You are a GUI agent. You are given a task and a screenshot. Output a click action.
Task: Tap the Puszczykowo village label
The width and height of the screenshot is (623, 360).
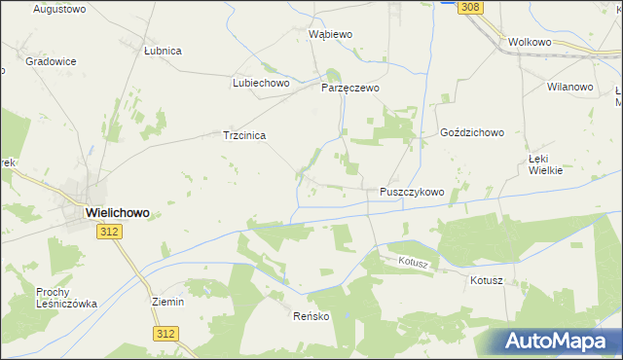(412, 193)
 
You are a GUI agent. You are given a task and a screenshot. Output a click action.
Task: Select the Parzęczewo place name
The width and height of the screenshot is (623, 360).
(350, 88)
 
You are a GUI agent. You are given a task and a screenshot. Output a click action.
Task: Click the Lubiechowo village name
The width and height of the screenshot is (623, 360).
(262, 84)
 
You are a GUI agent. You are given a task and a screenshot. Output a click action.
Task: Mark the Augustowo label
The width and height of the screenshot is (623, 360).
(60, 9)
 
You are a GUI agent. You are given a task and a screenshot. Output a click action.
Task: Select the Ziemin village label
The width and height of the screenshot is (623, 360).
(168, 302)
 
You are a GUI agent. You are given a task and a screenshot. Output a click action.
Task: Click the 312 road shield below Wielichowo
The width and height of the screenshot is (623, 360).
(109, 232)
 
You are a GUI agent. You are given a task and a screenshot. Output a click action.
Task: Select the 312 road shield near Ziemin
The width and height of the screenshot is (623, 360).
(165, 334)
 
